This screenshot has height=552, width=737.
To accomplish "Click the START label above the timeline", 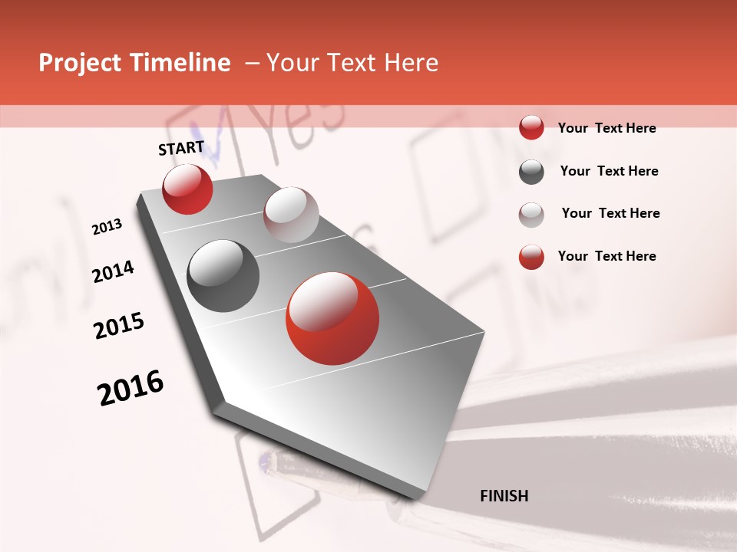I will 181,148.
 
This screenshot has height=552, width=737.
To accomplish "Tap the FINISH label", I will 504,496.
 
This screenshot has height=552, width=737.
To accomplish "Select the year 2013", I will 107,227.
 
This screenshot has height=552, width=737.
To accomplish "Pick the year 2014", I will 114,272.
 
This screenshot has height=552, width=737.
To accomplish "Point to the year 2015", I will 119,326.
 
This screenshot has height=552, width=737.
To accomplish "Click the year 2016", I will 131,388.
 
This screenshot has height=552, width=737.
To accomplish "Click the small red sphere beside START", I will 187,189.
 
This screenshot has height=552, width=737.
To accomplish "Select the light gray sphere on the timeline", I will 291,215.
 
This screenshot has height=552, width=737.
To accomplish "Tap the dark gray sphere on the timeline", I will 223,276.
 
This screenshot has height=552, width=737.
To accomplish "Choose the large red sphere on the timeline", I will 332,318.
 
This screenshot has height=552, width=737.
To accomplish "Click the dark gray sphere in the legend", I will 531,172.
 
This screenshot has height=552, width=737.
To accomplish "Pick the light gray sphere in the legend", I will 531,214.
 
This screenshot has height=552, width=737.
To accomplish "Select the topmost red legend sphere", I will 531,128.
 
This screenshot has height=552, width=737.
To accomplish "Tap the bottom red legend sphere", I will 531,257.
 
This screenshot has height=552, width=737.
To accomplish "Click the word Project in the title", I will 81,63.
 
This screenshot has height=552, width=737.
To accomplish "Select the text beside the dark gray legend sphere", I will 609,171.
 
